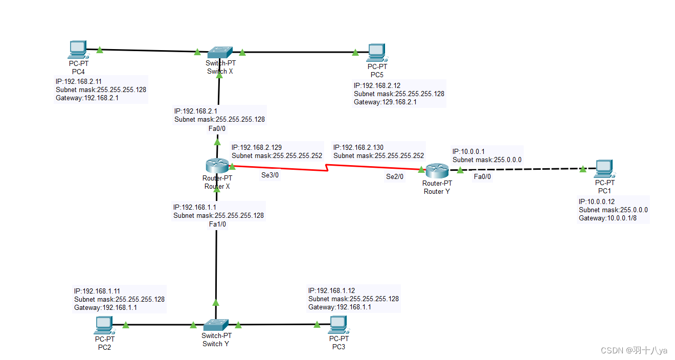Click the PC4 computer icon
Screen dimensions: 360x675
[x=77, y=49]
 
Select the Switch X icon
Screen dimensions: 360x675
[x=220, y=52]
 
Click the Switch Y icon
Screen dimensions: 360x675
[x=216, y=325]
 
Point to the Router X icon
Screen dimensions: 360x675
[x=217, y=166]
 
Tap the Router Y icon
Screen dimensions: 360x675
[x=437, y=170]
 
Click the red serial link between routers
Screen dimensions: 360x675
[x=327, y=168]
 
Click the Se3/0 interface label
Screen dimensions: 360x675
[x=270, y=175]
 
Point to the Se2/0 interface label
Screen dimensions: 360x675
[x=395, y=177]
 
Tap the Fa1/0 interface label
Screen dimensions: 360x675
[x=217, y=224]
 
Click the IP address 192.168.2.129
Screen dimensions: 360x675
[x=256, y=147]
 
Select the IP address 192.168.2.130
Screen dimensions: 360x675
[x=358, y=147]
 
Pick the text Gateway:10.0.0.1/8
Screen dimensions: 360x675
[x=607, y=218]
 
